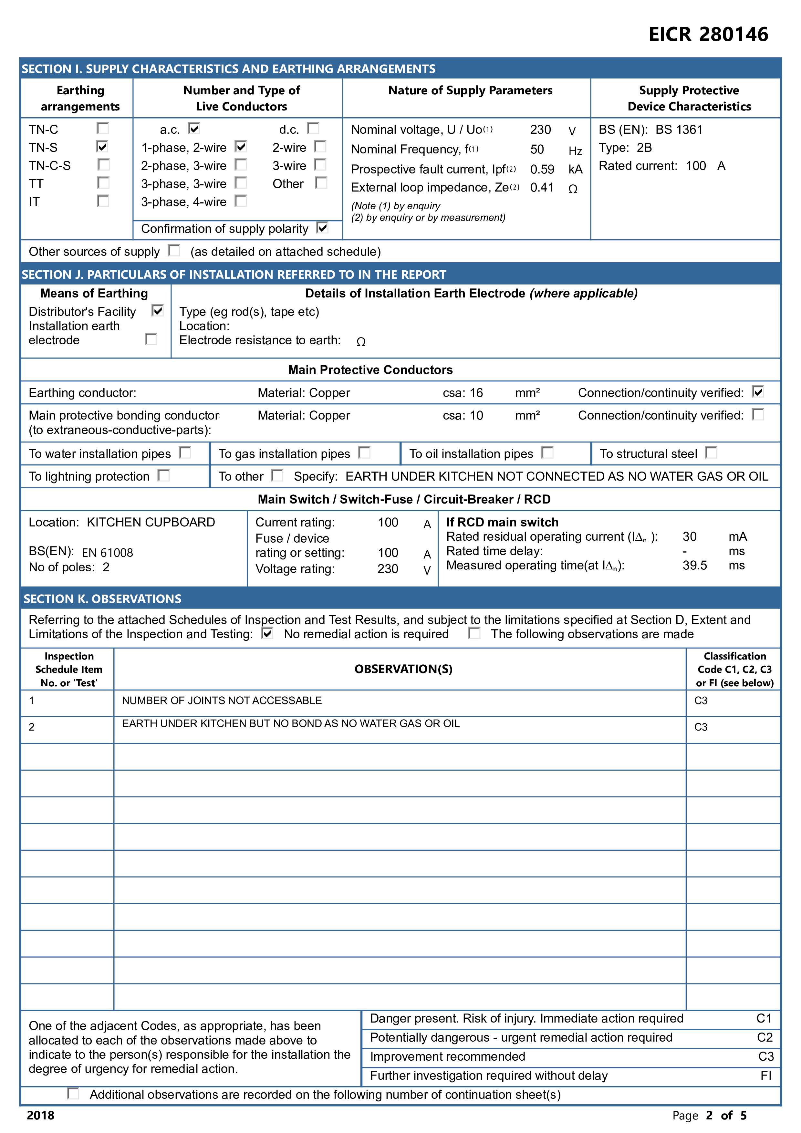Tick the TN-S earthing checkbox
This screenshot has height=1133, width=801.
pyautogui.click(x=102, y=147)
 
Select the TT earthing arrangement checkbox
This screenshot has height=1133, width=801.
pyautogui.click(x=103, y=183)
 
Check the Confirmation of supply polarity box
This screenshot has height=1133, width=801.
pyautogui.click(x=322, y=228)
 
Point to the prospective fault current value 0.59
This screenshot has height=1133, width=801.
pyautogui.click(x=542, y=169)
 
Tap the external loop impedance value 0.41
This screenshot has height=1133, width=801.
pyautogui.click(x=542, y=188)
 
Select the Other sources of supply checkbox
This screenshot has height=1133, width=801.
pyautogui.click(x=174, y=251)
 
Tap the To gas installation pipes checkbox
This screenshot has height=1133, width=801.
pyautogui.click(x=364, y=452)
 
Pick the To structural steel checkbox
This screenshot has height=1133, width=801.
pyautogui.click(x=711, y=452)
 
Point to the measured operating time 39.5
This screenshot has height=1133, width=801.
pyautogui.click(x=694, y=566)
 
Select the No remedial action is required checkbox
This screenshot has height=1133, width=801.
pyautogui.click(x=267, y=633)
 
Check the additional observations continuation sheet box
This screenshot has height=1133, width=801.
pyautogui.click(x=73, y=1094)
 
